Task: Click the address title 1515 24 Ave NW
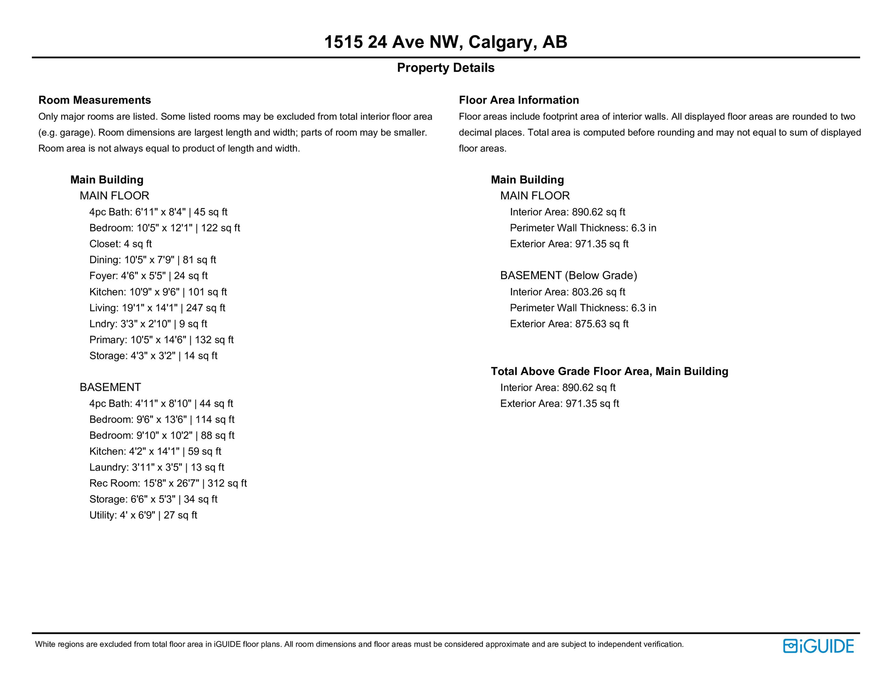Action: (x=445, y=42)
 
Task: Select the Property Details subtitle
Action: (x=445, y=68)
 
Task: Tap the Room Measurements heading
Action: (x=94, y=100)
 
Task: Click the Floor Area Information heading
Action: (x=518, y=100)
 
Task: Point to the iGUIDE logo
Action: (x=818, y=646)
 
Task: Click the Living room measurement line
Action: (x=157, y=308)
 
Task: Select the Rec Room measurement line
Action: (x=168, y=483)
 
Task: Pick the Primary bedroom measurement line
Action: (x=161, y=340)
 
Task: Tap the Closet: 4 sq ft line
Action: (x=120, y=244)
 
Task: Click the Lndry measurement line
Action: (x=148, y=324)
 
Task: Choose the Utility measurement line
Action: (x=143, y=515)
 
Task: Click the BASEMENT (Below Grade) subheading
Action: (x=568, y=275)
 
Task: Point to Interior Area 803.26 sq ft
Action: (x=567, y=292)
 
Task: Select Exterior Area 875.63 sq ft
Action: (x=569, y=324)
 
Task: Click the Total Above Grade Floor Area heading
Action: (x=609, y=371)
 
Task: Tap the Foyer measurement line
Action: (x=148, y=276)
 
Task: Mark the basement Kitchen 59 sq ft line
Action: (x=155, y=451)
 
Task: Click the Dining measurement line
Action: (x=153, y=260)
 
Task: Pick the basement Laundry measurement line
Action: (x=157, y=467)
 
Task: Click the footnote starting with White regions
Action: (x=359, y=644)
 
